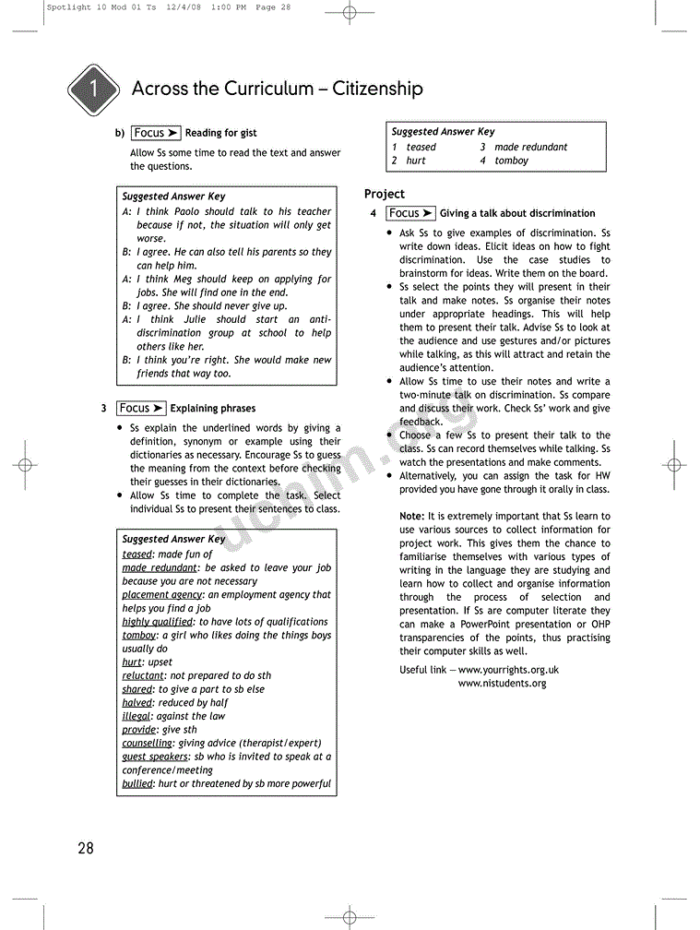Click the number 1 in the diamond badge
(x=93, y=90)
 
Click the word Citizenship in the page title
(x=377, y=89)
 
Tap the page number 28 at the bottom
(x=86, y=848)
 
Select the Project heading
(x=385, y=194)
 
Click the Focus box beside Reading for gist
(x=156, y=133)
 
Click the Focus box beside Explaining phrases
(x=141, y=408)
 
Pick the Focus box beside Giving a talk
(x=410, y=213)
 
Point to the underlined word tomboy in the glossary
(x=139, y=636)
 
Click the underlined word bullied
(x=137, y=783)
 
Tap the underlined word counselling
(x=147, y=743)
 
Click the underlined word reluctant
(x=143, y=675)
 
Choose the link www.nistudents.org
(x=502, y=684)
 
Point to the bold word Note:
(x=411, y=517)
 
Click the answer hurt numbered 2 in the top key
(x=416, y=161)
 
